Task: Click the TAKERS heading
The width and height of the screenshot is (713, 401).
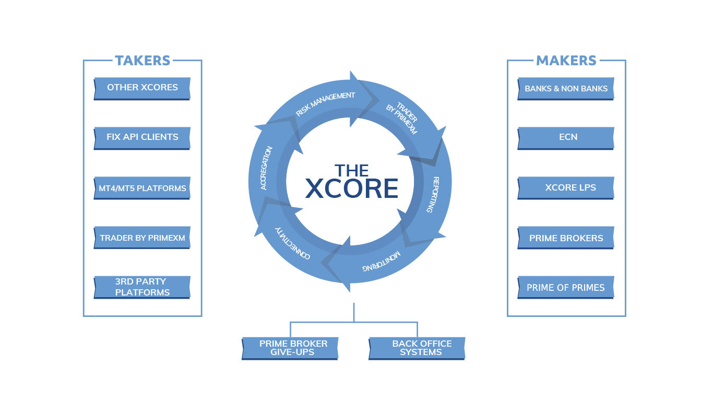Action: pos(142,61)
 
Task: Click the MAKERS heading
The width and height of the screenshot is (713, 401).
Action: pos(566,61)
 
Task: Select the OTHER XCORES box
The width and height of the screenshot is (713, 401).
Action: pos(142,88)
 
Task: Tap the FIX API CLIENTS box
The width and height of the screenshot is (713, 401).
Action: pos(142,137)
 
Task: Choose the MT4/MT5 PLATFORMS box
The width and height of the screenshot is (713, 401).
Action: pos(142,188)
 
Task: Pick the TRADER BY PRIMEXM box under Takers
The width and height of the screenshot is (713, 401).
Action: pos(142,238)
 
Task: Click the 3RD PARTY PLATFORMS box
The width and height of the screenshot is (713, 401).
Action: pos(142,287)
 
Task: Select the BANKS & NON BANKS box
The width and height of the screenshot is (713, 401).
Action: pos(566,88)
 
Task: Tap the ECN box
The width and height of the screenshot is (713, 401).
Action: pos(566,137)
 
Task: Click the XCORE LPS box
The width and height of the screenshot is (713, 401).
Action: pos(566,187)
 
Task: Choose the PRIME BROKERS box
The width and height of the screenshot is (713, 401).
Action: pos(566,238)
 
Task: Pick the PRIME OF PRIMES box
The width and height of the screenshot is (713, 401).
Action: pos(566,288)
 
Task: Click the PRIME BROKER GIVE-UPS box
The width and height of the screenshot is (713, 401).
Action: pos(291,348)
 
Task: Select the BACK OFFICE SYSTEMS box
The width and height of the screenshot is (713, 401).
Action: pos(418,348)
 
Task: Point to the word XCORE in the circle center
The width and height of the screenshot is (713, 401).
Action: pos(351,189)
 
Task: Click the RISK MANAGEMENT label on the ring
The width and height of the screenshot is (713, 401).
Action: pos(325,103)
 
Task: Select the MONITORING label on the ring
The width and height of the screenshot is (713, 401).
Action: pos(383,263)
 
